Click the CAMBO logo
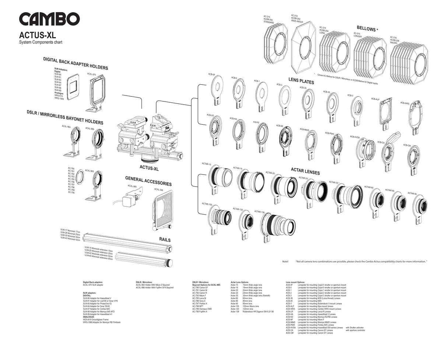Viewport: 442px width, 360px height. pos(49,20)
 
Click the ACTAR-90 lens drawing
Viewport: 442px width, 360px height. pos(420,205)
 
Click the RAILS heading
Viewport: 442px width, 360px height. pos(164,240)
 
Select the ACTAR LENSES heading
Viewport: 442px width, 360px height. pos(305,172)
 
